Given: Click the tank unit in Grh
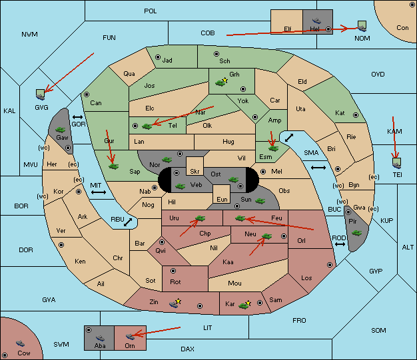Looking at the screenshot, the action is coord(220,83).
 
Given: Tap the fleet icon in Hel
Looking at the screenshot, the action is coord(316,21).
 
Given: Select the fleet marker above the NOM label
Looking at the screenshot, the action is coord(362,27).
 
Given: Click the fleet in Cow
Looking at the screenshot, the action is coord(20,343).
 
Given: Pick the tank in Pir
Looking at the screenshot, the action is coord(356,233).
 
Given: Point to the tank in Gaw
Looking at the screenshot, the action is coord(61,129).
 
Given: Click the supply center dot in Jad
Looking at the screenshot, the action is coord(158,57).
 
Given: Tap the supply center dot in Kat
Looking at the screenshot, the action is coord(356,115).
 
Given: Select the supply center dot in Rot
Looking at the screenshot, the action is coord(173,271).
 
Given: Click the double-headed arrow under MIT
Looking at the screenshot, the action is coord(99,192).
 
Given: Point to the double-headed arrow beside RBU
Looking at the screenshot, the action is coord(128,222).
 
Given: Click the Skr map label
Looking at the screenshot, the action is coord(195,172).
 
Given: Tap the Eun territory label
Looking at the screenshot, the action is coord(222,199).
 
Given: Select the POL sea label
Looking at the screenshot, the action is coord(151,11).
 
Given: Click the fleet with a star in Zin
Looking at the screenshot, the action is coord(175,303).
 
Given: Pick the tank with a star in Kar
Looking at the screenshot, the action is coord(244,305).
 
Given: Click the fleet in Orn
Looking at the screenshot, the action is coord(130,336).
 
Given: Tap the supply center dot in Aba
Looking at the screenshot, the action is coord(89,330).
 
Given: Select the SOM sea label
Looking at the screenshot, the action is coord(378,330).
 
